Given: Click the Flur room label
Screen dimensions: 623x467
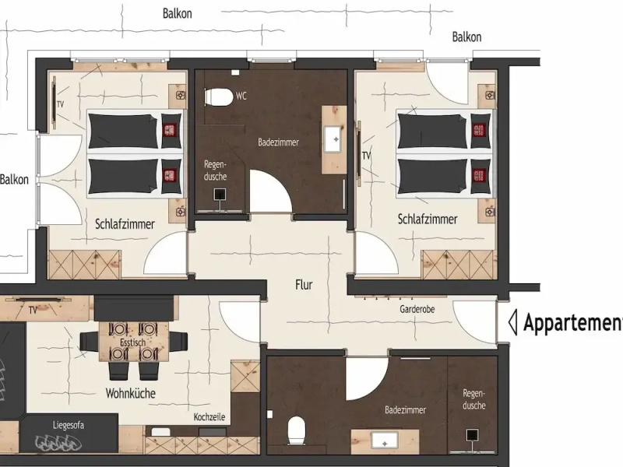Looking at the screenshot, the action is pos(304,285).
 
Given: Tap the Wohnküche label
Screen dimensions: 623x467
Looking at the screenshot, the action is pos(130,394).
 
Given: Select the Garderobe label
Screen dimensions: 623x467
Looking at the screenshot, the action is pos(417,309).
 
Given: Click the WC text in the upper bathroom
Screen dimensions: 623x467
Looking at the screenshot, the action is pos(241,96).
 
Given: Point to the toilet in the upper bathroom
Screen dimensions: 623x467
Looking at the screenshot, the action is pos(218,97).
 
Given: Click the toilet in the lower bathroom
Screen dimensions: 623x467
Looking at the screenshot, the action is pos(296,430).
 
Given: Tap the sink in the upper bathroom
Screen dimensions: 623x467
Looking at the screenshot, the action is pos(333,139).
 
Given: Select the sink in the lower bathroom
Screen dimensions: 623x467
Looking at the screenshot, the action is pos(385,441).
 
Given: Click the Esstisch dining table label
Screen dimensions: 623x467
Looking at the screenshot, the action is pos(132,342).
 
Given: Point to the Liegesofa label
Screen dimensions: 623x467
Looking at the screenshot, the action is pos(69,425).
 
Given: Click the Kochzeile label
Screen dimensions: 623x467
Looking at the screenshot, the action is pos(209,417).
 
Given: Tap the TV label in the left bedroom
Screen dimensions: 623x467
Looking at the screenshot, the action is pos(61,104).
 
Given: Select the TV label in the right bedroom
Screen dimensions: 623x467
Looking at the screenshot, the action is pos(366,155).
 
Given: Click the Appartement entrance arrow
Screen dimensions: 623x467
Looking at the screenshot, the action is pos(513,322).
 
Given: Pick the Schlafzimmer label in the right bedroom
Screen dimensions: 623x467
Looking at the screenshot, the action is pos(428,219).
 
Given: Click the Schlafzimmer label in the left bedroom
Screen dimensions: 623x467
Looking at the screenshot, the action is pos(125,224).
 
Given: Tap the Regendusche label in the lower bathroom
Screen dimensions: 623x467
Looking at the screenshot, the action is pos(474,399).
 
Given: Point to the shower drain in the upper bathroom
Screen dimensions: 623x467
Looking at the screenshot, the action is pos(220,195).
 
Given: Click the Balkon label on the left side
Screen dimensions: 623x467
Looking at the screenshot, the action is pos(14,180).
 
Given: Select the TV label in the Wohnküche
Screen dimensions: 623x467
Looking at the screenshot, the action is pos(33,310).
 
